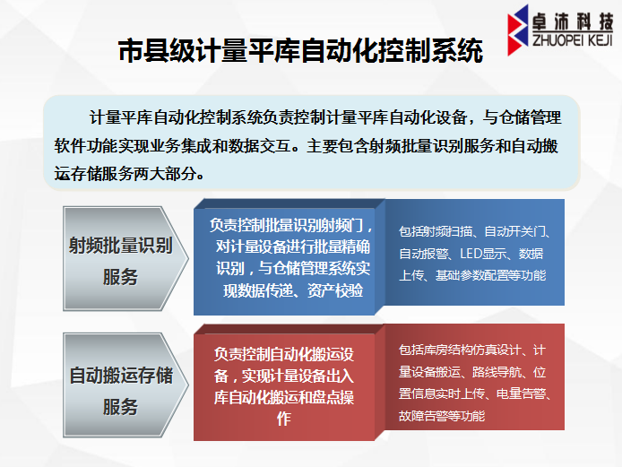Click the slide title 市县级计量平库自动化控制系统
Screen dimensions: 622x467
[300, 50]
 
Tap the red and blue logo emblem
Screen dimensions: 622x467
[518, 30]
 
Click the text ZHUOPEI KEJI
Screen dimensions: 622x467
[573, 40]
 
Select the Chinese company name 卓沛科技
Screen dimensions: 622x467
[573, 22]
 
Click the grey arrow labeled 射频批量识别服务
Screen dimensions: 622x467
[125, 258]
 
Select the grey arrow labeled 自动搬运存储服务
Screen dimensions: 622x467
[125, 385]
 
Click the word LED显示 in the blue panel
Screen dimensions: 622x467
[483, 254]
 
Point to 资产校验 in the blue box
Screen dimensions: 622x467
[335, 290]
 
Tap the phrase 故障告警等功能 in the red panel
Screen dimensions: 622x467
[442, 416]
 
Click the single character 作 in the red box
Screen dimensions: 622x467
[284, 419]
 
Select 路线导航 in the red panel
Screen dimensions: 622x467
[497, 372]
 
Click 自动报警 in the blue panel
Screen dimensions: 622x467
[423, 254]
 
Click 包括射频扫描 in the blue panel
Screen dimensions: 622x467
[436, 231]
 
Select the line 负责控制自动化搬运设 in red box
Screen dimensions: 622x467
[283, 354]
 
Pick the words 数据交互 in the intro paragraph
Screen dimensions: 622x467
[260, 145]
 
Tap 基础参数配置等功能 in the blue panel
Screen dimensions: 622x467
[490, 275]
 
